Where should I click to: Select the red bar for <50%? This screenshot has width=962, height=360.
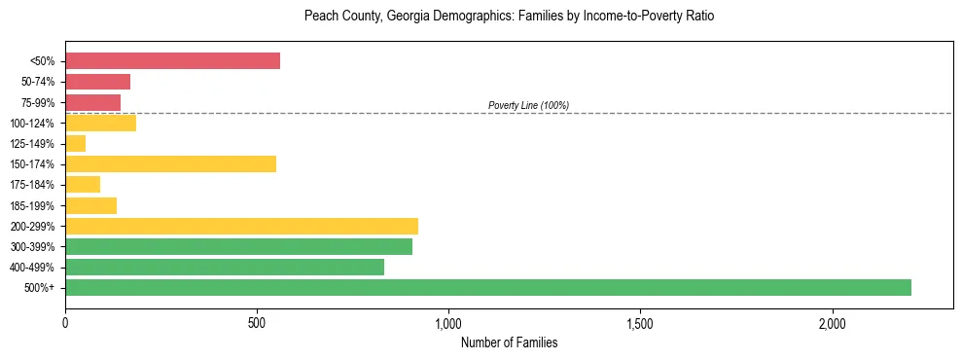coord(172,61)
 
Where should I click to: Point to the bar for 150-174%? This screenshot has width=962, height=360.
coord(170,163)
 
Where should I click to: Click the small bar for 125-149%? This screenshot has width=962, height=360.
coord(75,143)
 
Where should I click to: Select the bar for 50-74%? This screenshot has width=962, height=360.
coord(97,82)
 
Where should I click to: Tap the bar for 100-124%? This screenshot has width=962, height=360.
coord(100,123)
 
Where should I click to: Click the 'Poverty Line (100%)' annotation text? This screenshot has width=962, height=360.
coord(528,105)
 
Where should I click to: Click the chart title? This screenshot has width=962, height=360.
coord(509,17)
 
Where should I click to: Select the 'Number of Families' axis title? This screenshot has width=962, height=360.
coord(509,342)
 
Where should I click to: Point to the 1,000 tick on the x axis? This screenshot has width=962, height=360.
coord(448,322)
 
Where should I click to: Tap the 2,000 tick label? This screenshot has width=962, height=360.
coord(833,322)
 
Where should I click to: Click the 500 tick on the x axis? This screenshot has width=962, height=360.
coord(257,322)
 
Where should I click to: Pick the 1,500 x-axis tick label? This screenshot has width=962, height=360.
coord(640,322)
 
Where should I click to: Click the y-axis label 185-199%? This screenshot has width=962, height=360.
coord(35,206)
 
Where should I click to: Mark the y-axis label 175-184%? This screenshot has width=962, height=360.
coord(35,185)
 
